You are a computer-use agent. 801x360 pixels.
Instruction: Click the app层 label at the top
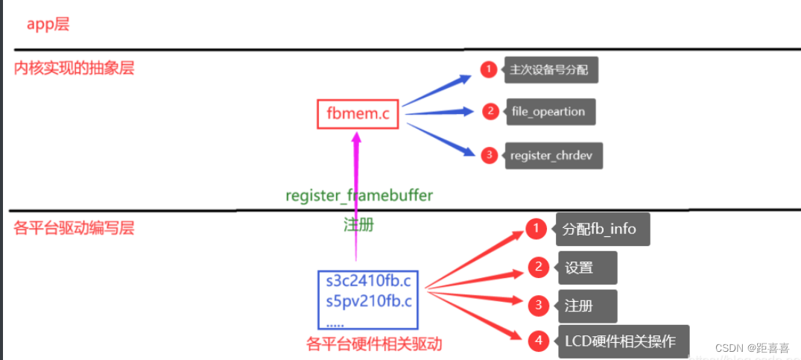click(48, 25)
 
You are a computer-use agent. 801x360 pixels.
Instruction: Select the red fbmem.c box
click(358, 114)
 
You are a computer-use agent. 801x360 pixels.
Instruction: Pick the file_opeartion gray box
click(548, 112)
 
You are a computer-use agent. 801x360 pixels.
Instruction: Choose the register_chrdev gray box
click(552, 156)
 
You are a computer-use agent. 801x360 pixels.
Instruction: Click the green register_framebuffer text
click(359, 195)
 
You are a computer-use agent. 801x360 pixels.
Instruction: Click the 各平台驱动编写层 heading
click(74, 228)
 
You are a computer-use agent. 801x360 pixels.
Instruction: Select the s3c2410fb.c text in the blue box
click(368, 282)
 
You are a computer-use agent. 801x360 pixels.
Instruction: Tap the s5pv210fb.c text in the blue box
click(368, 302)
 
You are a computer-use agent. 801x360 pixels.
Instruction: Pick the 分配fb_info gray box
click(601, 229)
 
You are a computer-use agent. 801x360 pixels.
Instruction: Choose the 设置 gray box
click(586, 268)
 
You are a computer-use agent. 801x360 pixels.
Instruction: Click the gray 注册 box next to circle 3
click(586, 306)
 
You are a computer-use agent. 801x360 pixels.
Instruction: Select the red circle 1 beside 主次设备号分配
click(488, 70)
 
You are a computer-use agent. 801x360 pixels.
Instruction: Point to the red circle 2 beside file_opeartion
click(490, 112)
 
